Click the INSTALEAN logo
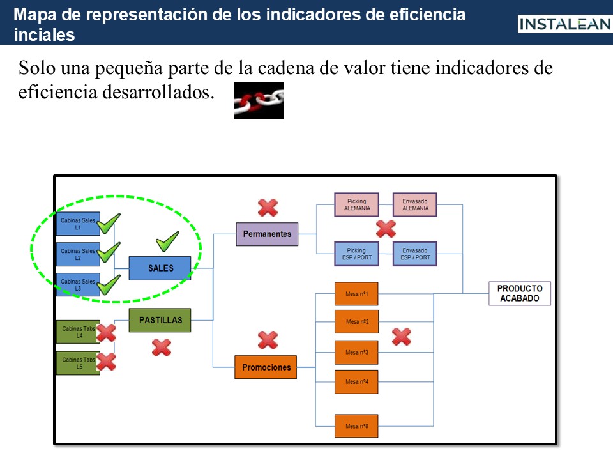pyautogui.click(x=564, y=24)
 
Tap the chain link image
pyautogui.click(x=259, y=100)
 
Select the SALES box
pyautogui.click(x=160, y=268)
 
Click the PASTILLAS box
pyautogui.click(x=160, y=320)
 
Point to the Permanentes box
pyautogui.click(x=267, y=234)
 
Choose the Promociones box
pyautogui.click(x=266, y=367)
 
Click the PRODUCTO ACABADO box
pyautogui.click(x=520, y=293)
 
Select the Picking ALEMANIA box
pyautogui.click(x=356, y=204)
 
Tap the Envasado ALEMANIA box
pyautogui.click(x=415, y=204)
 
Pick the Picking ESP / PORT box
pyautogui.click(x=356, y=254)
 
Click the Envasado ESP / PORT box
pyautogui.click(x=415, y=254)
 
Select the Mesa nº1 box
pyautogui.click(x=356, y=294)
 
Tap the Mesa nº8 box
pyautogui.click(x=356, y=426)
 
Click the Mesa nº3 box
pyautogui.click(x=356, y=352)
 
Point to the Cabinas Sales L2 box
pyautogui.click(x=78, y=254)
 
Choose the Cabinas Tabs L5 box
pyautogui.click(x=78, y=363)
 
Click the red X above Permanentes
pyautogui.click(x=268, y=207)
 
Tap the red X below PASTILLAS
pyautogui.click(x=161, y=347)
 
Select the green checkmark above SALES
pyautogui.click(x=167, y=241)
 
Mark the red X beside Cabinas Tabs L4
pyautogui.click(x=106, y=332)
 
